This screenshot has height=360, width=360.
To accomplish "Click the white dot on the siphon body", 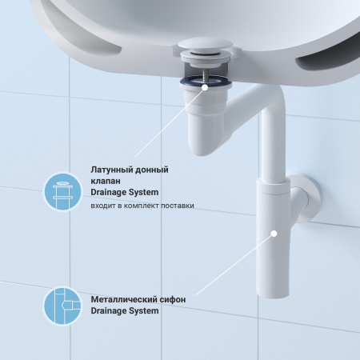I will tap(274, 234).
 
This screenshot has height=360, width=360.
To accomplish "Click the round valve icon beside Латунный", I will tap(62, 192).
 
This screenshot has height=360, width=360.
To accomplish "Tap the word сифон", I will tap(174, 299).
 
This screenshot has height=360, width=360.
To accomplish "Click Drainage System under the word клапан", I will tap(124, 192).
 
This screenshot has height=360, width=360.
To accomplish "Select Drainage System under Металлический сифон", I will tap(124, 310).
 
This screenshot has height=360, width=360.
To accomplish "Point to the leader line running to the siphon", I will tap(236, 263).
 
